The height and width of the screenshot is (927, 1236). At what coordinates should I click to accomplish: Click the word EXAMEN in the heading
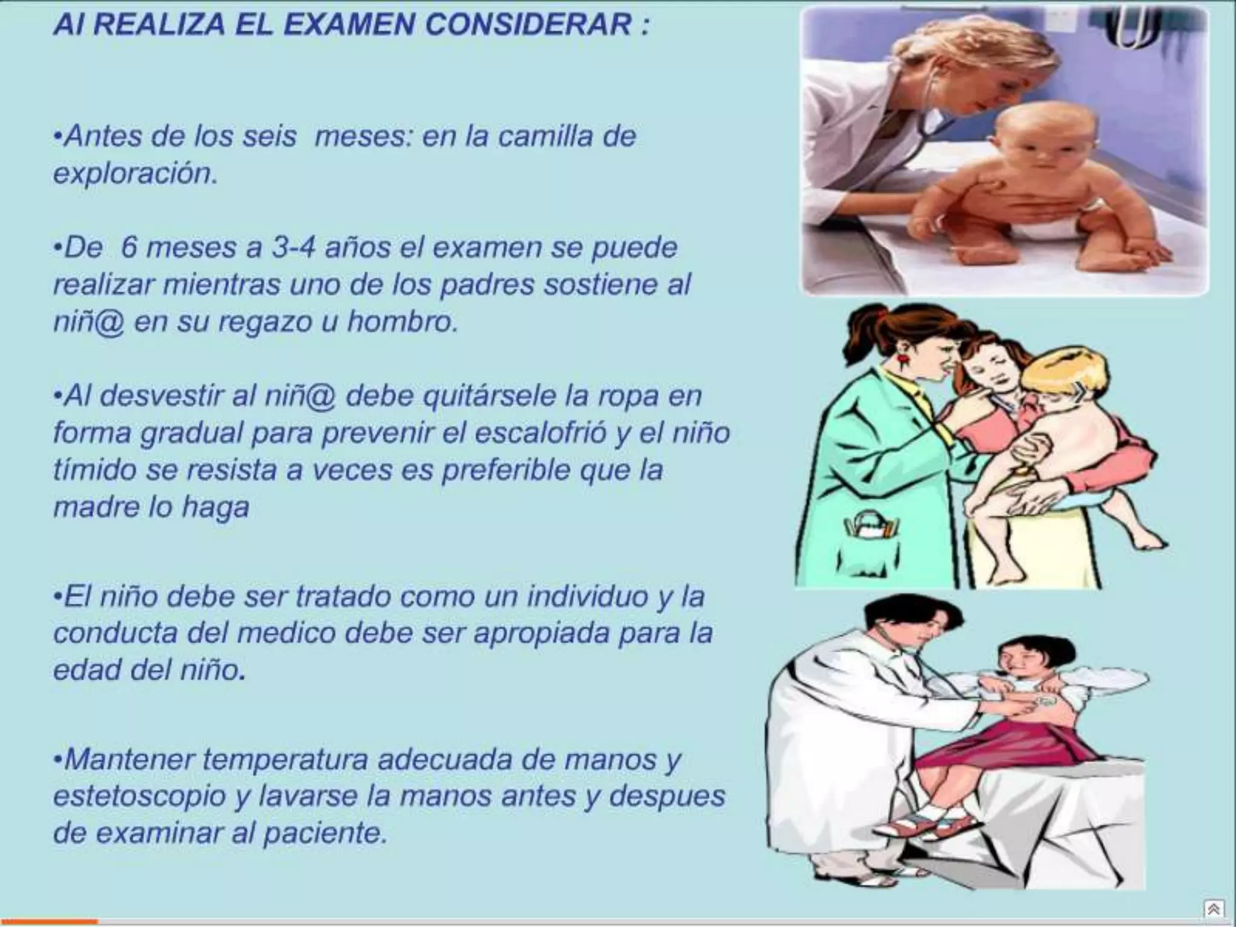(349, 25)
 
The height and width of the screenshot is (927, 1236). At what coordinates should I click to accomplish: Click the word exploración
(135, 174)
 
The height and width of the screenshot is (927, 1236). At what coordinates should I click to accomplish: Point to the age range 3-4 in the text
(293, 247)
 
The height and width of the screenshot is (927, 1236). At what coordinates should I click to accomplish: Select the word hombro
(402, 322)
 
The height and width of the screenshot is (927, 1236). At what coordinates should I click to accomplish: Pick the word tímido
(94, 470)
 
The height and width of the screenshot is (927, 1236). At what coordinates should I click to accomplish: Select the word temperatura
(285, 759)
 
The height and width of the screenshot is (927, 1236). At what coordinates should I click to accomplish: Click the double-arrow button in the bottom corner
(1214, 909)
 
